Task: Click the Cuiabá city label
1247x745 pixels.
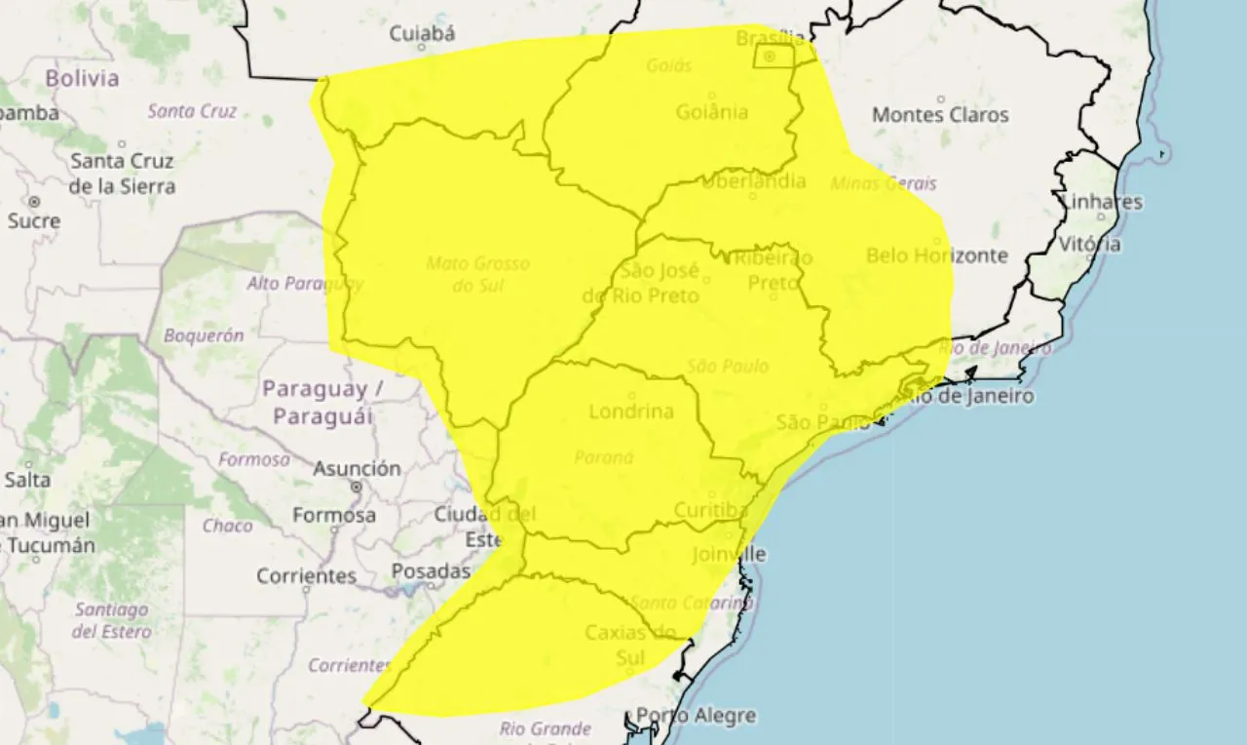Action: point(422,34)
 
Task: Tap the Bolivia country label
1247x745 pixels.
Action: point(82,78)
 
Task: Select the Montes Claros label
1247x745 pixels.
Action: point(940,115)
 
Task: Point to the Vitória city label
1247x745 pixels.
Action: point(1090,244)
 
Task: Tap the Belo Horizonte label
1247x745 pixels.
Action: point(936,255)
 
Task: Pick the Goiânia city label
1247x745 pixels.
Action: point(711,112)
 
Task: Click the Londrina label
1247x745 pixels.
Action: point(631,412)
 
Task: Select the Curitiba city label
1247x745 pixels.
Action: point(710,510)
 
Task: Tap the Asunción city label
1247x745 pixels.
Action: point(357,469)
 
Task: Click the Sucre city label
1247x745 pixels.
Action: point(34,221)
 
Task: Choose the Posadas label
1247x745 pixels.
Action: point(431,570)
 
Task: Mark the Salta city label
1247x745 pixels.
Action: point(27,480)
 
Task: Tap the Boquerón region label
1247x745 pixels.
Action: point(204,335)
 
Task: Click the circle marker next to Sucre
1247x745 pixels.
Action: point(35,202)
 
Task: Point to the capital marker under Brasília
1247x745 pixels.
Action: point(770,57)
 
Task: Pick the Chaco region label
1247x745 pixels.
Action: point(227,527)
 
